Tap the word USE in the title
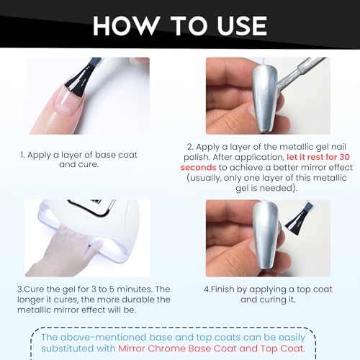click(242, 26)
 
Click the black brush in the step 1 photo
click(81, 76)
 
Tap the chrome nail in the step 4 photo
click(265, 238)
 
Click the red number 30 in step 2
click(344, 157)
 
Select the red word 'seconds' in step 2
click(199, 167)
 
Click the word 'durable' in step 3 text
click(141, 300)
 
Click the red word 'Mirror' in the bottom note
click(132, 348)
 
